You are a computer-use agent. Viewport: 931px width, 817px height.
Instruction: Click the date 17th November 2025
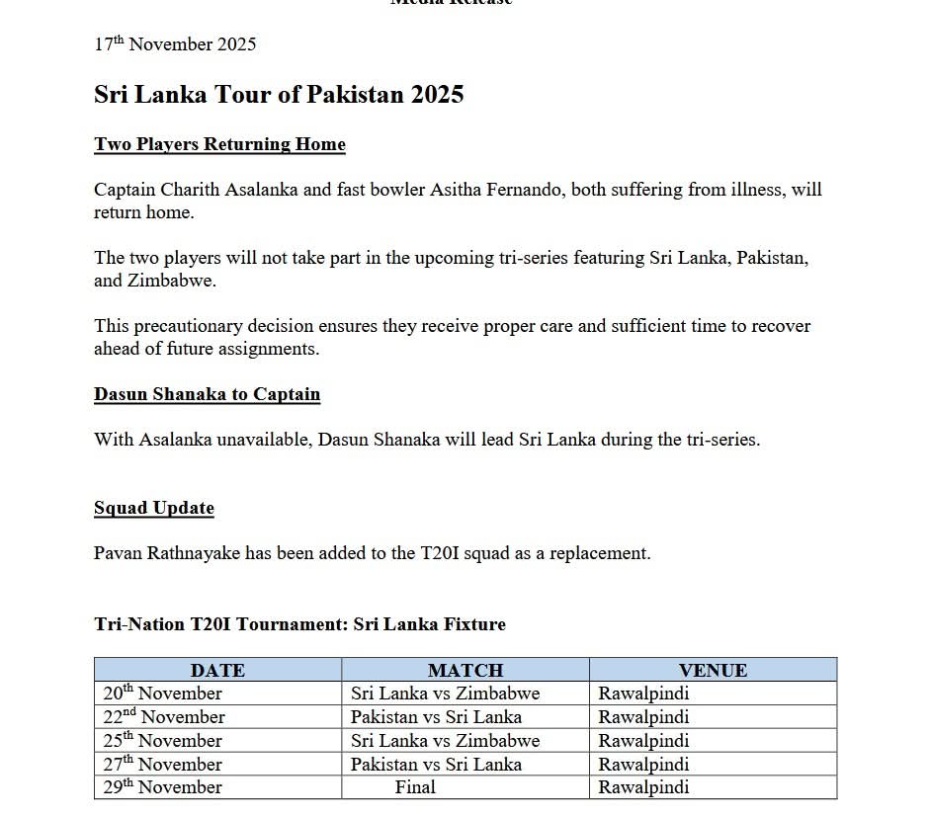pyautogui.click(x=175, y=44)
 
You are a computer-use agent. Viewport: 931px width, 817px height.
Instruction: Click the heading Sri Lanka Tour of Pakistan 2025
pyautogui.click(x=279, y=95)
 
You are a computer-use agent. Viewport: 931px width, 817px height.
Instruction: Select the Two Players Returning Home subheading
pyautogui.click(x=219, y=144)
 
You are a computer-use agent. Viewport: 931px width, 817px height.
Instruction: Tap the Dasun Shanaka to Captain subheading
pyautogui.click(x=207, y=394)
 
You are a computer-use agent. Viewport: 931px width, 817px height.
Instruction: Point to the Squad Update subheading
pyautogui.click(x=154, y=508)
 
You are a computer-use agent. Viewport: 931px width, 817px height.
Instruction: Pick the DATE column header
pyautogui.click(x=217, y=670)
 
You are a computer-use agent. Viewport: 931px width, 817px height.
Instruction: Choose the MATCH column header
pyautogui.click(x=465, y=670)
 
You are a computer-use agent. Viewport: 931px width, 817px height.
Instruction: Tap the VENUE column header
pyautogui.click(x=713, y=670)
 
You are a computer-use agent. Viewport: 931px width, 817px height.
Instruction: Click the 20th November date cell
pyautogui.click(x=164, y=694)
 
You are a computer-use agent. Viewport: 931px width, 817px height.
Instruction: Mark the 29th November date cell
pyautogui.click(x=164, y=787)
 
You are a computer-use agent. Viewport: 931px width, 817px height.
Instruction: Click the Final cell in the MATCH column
pyautogui.click(x=415, y=787)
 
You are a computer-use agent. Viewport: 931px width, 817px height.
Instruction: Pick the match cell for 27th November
pyautogui.click(x=436, y=764)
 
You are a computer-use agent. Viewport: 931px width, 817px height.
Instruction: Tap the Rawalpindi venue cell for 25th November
pyautogui.click(x=643, y=741)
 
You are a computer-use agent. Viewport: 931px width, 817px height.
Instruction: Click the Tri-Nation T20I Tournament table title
pyautogui.click(x=299, y=624)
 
